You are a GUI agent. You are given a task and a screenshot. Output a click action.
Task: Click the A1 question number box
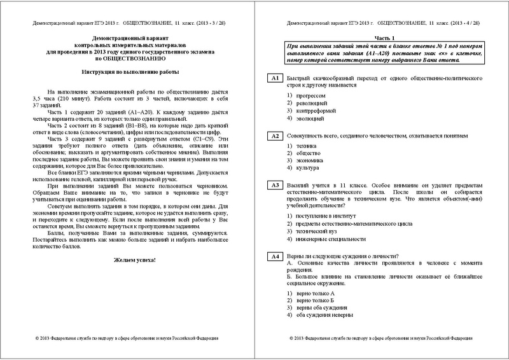(275, 78)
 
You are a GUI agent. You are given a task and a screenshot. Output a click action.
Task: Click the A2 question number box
(275, 135)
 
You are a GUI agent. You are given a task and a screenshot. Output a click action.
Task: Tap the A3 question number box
(275, 185)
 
